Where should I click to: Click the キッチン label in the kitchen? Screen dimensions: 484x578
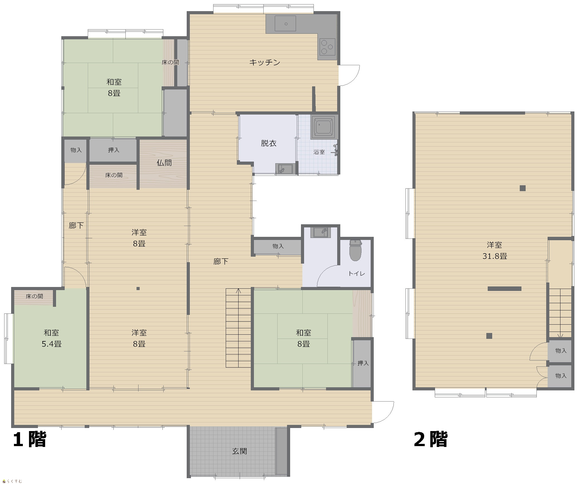[264, 62]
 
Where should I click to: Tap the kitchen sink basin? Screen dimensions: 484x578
[285, 24]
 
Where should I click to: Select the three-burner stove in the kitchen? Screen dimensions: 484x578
[327, 47]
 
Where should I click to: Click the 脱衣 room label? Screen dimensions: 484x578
[269, 143]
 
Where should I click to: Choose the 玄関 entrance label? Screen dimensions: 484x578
[239, 451]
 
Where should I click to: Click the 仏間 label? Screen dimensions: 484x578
[164, 163]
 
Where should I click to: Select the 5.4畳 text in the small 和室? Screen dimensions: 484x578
[52, 344]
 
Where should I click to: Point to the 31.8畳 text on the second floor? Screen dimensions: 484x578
[495, 256]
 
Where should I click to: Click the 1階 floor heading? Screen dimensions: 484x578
[30, 439]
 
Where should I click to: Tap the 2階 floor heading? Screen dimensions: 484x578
[431, 439]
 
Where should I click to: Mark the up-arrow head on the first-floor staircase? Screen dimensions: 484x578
[238, 291]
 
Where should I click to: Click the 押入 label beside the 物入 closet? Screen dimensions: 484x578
[114, 150]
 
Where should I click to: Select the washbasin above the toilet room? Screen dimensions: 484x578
[320, 232]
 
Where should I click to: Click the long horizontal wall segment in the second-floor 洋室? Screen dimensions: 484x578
[504, 289]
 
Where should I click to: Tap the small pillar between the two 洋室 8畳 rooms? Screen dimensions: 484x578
[138, 289]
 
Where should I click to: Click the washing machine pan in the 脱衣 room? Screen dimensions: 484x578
[284, 169]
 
